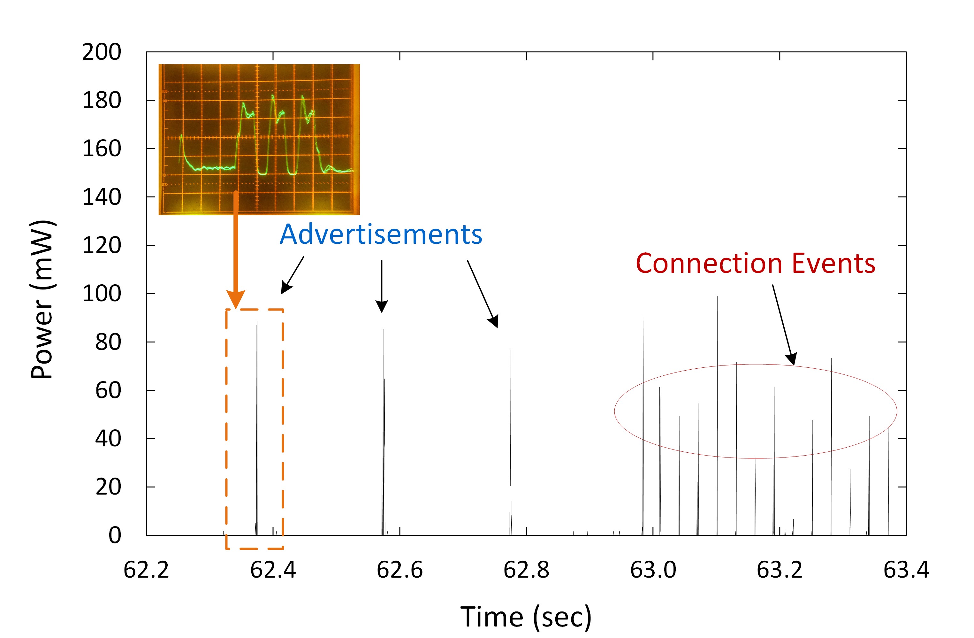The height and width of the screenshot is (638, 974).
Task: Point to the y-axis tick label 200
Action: [102, 52]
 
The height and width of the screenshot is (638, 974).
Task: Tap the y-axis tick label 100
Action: [102, 294]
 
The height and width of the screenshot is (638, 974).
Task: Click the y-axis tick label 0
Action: [115, 535]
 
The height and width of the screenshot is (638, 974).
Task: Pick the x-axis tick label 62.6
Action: [399, 570]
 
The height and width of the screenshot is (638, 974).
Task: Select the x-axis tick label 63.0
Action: [653, 570]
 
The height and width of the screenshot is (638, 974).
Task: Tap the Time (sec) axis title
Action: [526, 617]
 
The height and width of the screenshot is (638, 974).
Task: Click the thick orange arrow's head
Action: [236, 299]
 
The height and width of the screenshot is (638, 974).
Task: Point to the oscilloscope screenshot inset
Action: [259, 139]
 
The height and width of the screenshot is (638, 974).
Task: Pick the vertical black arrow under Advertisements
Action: [381, 287]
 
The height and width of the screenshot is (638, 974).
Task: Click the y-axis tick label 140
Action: [102, 197]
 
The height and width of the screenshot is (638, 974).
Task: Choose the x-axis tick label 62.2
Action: [146, 570]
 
